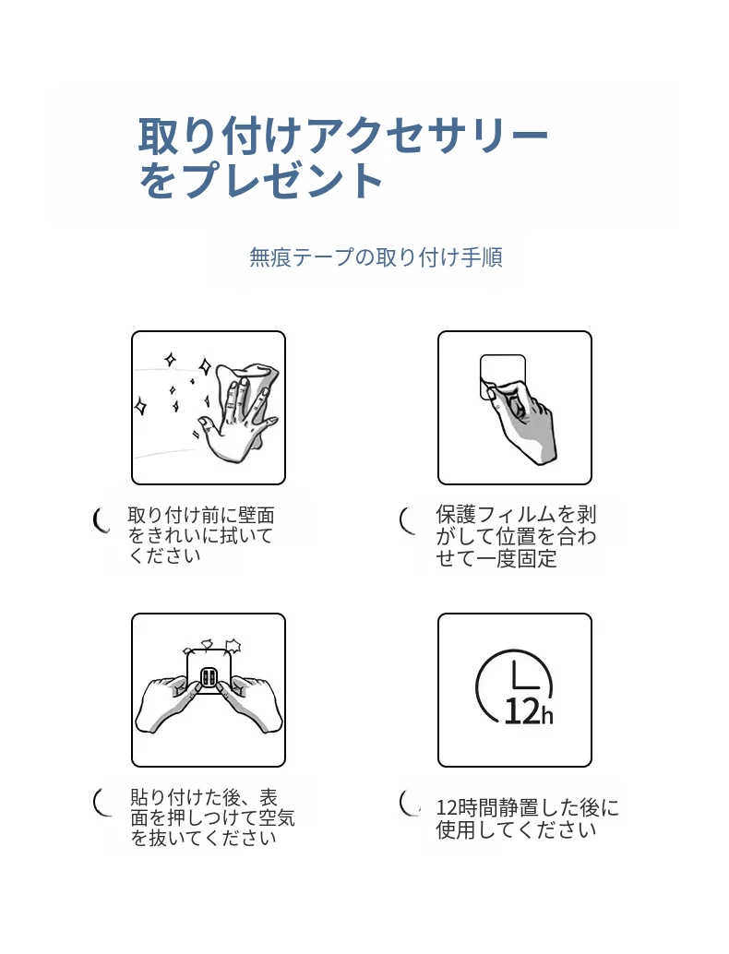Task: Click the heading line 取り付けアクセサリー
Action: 342,135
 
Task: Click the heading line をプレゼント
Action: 260,180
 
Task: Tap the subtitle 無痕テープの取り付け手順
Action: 376,257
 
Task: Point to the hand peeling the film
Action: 524,420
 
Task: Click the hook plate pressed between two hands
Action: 209,674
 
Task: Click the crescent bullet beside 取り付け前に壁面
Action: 102,520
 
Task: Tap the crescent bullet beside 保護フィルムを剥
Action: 407,520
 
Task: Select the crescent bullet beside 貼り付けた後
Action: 102,801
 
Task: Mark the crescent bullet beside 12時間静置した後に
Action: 408,801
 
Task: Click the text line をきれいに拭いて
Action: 201,535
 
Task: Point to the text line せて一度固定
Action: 496,558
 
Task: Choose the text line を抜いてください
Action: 204,838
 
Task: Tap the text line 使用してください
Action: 516,829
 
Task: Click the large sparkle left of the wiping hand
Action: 140,406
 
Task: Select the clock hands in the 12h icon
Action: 522,674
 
